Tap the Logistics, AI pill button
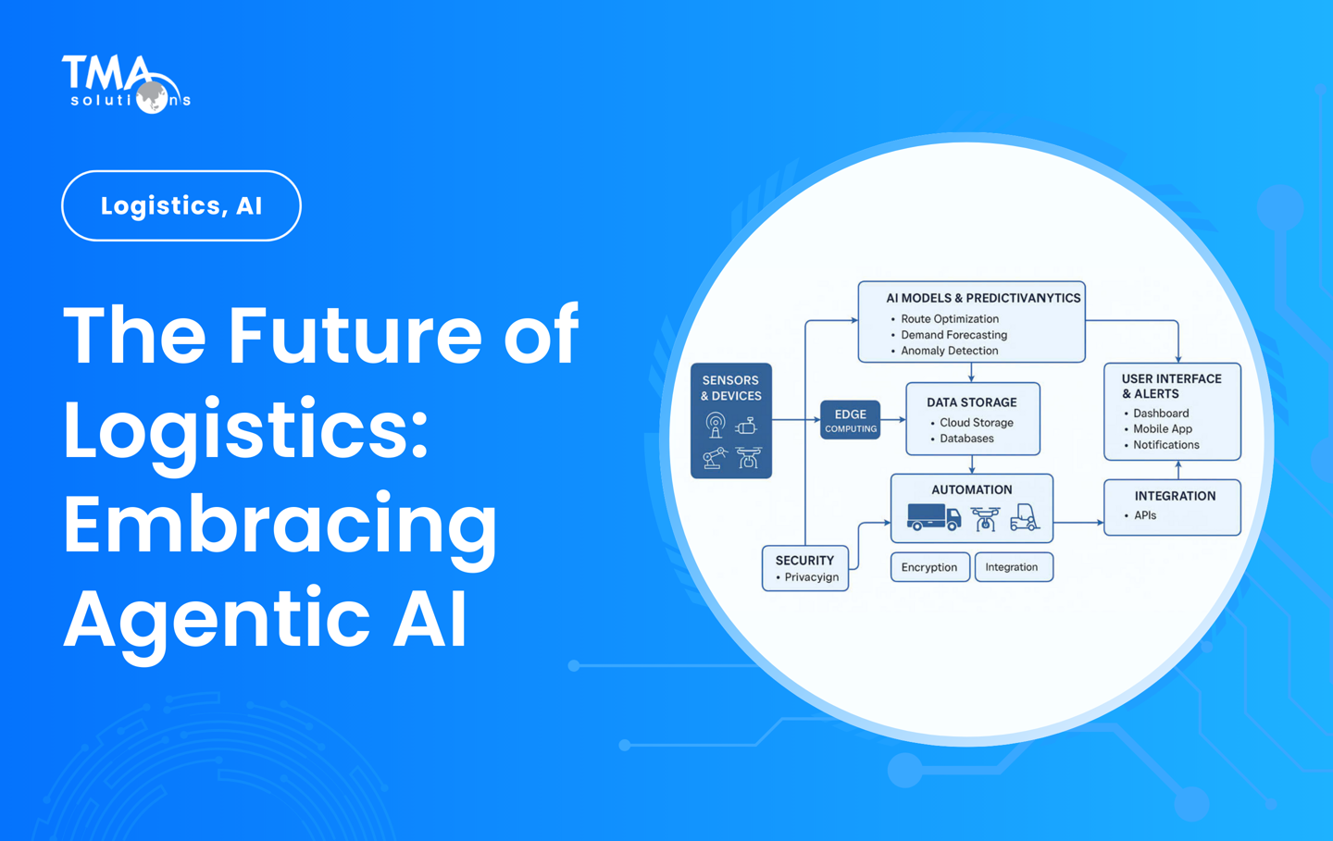pyautogui.click(x=181, y=205)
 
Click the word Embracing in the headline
pyautogui.click(x=280, y=524)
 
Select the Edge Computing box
pyautogui.click(x=850, y=420)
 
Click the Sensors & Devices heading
pyautogui.click(x=730, y=388)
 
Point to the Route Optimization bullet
pyautogui.click(x=949, y=319)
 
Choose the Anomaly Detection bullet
pyautogui.click(x=949, y=351)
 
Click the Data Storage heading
pyautogui.click(x=971, y=402)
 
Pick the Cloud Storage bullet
pyautogui.click(x=976, y=423)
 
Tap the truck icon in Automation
pyautogui.click(x=933, y=517)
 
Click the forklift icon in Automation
pyautogui.click(x=1024, y=517)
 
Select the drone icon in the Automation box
pyautogui.click(x=985, y=518)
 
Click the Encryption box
pyautogui.click(x=929, y=567)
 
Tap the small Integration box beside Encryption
pyautogui.click(x=1012, y=567)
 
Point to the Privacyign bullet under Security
pyautogui.click(x=811, y=577)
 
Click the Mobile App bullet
pyautogui.click(x=1163, y=429)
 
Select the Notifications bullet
pyautogui.click(x=1165, y=445)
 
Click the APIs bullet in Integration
pyautogui.click(x=1145, y=515)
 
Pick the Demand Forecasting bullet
pyautogui.click(x=953, y=335)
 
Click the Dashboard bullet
pyautogui.click(x=1161, y=414)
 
